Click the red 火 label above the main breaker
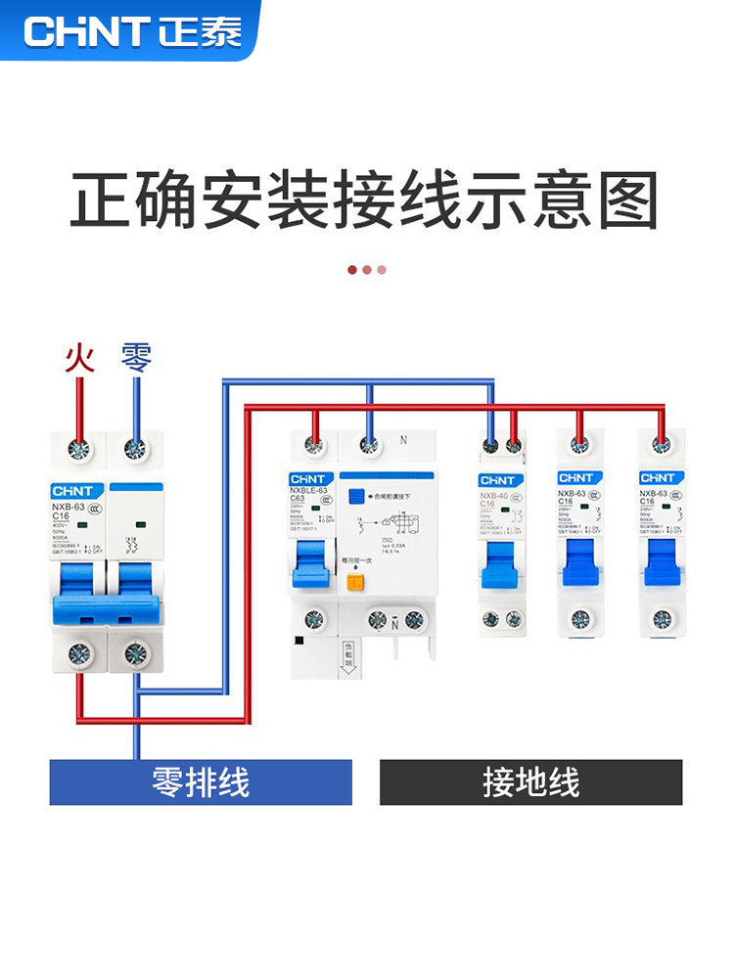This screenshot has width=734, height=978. coord(79,358)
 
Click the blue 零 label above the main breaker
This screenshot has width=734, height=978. coord(136,358)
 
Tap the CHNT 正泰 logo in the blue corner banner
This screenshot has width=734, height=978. coord(132,31)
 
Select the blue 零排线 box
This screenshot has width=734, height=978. coord(201,782)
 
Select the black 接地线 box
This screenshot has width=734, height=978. coord(530,782)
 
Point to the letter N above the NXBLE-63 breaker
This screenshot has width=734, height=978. coord(402,440)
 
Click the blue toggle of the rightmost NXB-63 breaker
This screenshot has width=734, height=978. coord(662,560)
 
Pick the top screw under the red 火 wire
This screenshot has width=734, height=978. coord(77,450)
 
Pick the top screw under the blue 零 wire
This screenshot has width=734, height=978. coord(135,450)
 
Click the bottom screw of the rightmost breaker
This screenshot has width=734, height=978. coord(663,618)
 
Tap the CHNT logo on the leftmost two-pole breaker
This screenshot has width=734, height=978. coord(73,490)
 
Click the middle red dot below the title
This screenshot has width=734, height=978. coord(367,269)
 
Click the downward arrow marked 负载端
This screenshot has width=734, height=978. coord(347,655)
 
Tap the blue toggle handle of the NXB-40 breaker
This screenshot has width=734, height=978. coord(500,562)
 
